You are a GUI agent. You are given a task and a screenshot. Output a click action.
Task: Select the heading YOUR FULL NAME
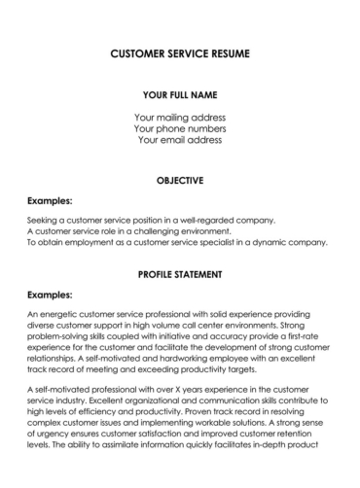[x=180, y=95]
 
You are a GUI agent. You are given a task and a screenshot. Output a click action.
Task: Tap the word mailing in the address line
[x=182, y=117]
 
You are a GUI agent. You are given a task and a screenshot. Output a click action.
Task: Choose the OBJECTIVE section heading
[x=180, y=180]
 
